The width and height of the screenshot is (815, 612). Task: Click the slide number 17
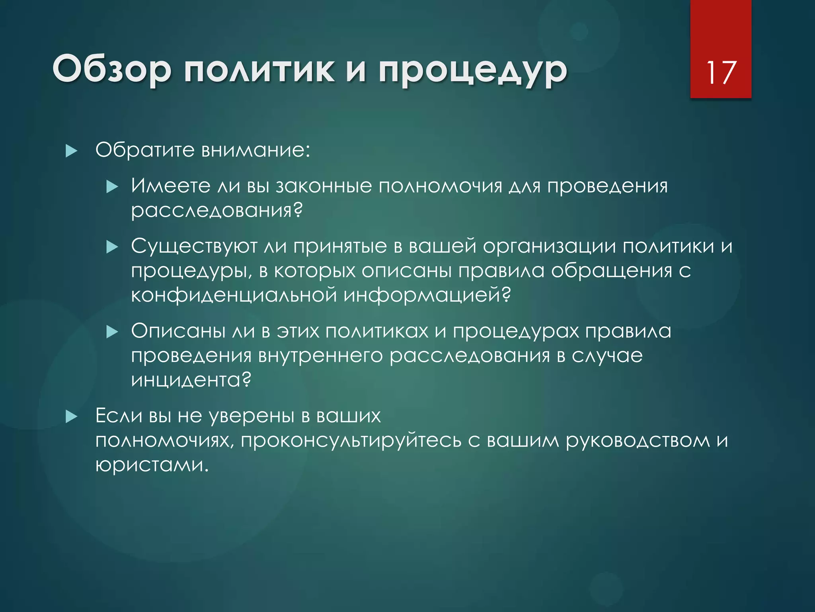click(x=721, y=73)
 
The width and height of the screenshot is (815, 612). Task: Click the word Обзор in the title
click(x=112, y=69)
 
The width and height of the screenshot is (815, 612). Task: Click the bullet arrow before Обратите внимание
click(x=71, y=151)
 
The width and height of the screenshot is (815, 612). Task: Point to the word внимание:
click(x=255, y=150)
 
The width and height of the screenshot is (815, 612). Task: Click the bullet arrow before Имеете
click(x=113, y=186)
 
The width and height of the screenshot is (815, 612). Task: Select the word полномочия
click(x=440, y=186)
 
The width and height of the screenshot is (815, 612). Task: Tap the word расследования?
click(x=217, y=210)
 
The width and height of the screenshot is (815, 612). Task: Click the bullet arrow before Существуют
click(x=113, y=247)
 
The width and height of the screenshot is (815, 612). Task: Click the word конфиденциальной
click(x=234, y=295)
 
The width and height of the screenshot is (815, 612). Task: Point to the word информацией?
click(x=427, y=295)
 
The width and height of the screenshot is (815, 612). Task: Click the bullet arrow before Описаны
click(x=113, y=331)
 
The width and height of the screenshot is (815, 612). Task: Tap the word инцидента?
click(x=191, y=380)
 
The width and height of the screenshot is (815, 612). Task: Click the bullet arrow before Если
click(x=71, y=417)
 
